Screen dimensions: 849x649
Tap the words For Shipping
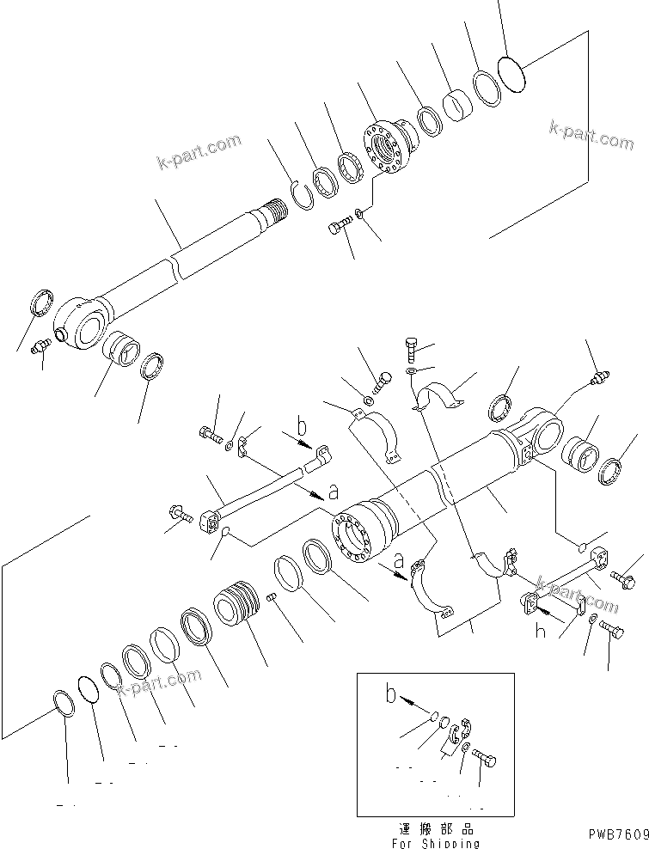(x=434, y=843)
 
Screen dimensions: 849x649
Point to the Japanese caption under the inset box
(x=435, y=829)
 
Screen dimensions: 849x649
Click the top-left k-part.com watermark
(x=199, y=154)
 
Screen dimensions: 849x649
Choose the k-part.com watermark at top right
(x=591, y=135)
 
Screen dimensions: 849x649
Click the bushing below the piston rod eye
(x=122, y=352)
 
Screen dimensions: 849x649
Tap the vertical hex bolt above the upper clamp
(x=412, y=351)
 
